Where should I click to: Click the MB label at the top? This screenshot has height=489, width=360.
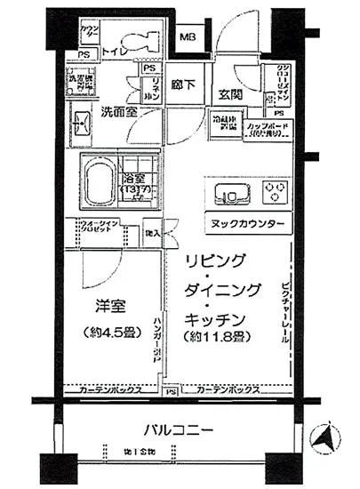[189, 36]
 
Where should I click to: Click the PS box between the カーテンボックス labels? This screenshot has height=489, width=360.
[169, 389]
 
